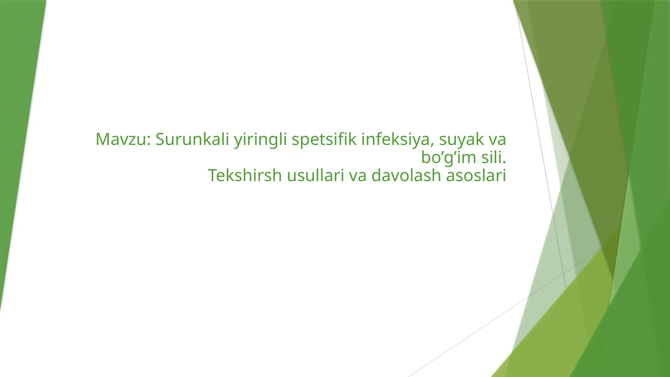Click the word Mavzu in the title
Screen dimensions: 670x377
tap(121, 139)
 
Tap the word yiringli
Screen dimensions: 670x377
tap(260, 140)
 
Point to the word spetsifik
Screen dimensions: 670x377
tap(324, 140)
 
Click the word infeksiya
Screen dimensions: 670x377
tap(395, 140)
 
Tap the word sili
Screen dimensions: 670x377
tap(491, 157)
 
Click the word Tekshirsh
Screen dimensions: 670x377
tap(245, 175)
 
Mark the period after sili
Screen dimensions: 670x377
tap(504, 163)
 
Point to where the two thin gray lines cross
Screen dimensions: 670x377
tap(564, 273)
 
